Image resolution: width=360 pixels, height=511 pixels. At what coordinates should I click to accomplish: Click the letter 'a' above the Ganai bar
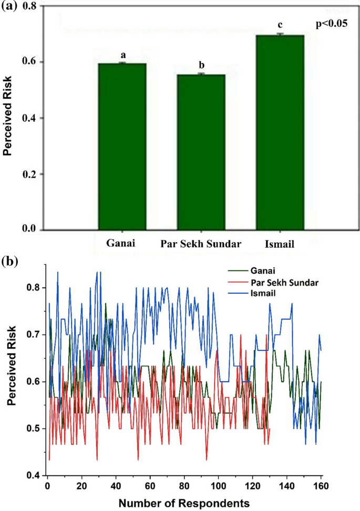[123, 55]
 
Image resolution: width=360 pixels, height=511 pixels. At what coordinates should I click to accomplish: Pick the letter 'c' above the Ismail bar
[280, 25]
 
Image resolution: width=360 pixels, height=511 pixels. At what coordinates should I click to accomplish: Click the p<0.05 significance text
[331, 24]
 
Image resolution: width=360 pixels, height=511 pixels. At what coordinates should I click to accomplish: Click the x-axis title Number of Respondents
[184, 503]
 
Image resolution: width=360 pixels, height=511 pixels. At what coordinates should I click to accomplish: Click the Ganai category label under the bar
[120, 244]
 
